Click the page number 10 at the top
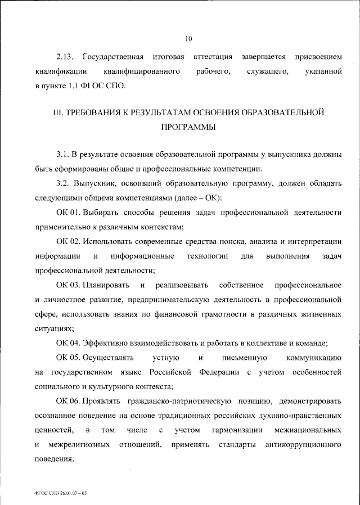click(x=188, y=39)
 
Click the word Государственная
click(x=113, y=57)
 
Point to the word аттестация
click(x=213, y=57)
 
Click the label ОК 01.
click(x=68, y=213)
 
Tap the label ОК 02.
click(x=68, y=242)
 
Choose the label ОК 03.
click(x=68, y=286)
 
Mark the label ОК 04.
click(x=68, y=344)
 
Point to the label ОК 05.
click(x=68, y=358)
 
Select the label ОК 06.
click(x=68, y=402)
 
